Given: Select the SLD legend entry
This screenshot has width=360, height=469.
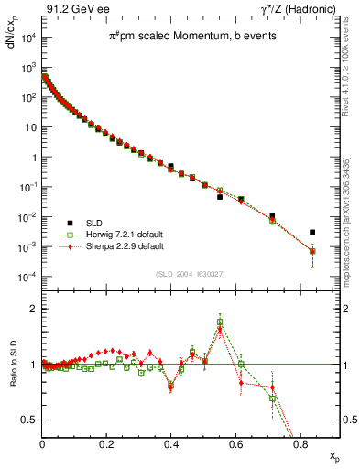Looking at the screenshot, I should (x=93, y=223).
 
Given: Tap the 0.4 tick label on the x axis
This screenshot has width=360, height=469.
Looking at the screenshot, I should (x=171, y=445).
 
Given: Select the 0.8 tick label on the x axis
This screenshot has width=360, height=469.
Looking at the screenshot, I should (x=300, y=445).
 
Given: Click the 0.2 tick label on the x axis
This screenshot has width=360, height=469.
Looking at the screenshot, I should (x=106, y=445).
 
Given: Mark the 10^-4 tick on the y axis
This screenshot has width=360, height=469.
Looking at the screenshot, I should (x=27, y=277).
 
